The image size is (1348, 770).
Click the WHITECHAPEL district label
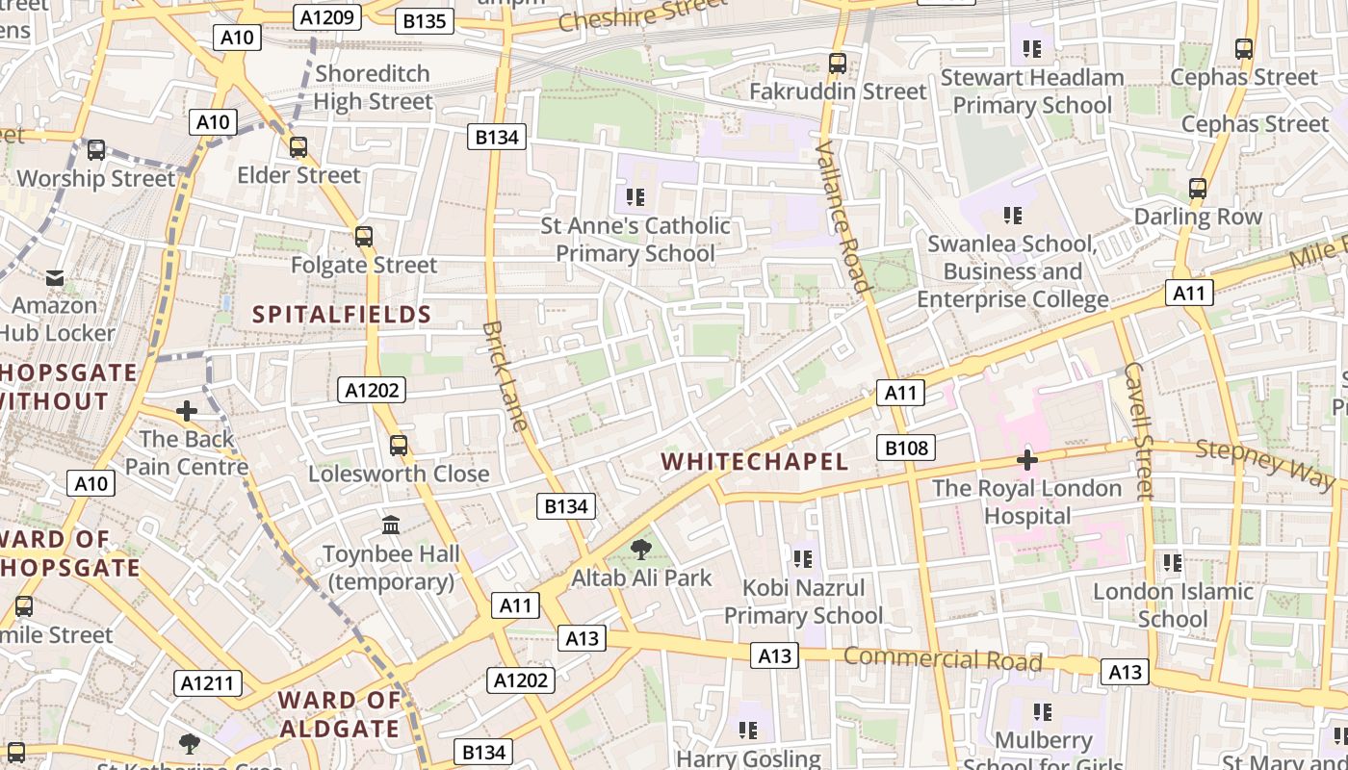point(755,462)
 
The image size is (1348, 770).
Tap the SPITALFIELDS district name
point(342,315)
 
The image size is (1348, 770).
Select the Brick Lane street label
point(505,375)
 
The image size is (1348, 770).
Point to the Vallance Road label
point(842,216)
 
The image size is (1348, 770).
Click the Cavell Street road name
point(1137,430)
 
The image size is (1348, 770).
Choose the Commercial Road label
point(943,659)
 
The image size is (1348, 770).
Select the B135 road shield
point(423,21)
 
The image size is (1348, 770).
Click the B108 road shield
point(906,448)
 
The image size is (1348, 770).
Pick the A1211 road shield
point(208,683)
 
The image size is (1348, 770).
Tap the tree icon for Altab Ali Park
point(640,550)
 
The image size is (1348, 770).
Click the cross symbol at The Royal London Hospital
point(1027,460)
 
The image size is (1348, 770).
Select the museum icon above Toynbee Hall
point(391,526)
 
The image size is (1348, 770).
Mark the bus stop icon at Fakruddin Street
point(838,64)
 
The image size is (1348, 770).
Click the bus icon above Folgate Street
point(364,236)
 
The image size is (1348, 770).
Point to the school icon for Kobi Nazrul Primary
point(802,559)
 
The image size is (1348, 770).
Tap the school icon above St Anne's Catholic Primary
point(635,197)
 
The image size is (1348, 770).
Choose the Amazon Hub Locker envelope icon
point(55,278)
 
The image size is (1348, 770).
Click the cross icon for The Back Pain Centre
point(187,411)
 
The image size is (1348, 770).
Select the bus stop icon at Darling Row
point(1198,189)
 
